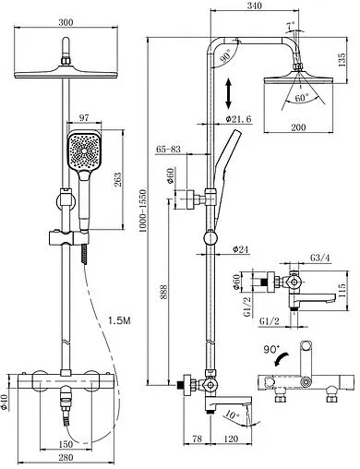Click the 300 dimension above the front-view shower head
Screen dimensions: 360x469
66,22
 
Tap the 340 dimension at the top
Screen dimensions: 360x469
254,6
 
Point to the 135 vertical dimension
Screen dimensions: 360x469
342,60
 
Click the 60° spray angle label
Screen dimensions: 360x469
301,98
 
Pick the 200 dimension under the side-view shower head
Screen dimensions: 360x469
298,126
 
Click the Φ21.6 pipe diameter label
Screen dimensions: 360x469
238,118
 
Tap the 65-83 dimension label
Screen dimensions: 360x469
168,150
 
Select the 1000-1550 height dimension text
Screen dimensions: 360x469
143,210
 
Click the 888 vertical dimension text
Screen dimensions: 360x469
163,291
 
